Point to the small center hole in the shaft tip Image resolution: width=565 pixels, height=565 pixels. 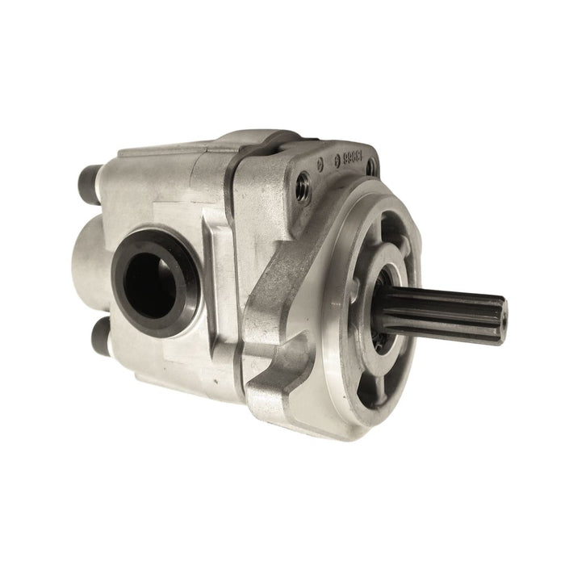(x=500, y=317)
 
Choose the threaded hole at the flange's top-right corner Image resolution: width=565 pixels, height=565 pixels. (x=370, y=168)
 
